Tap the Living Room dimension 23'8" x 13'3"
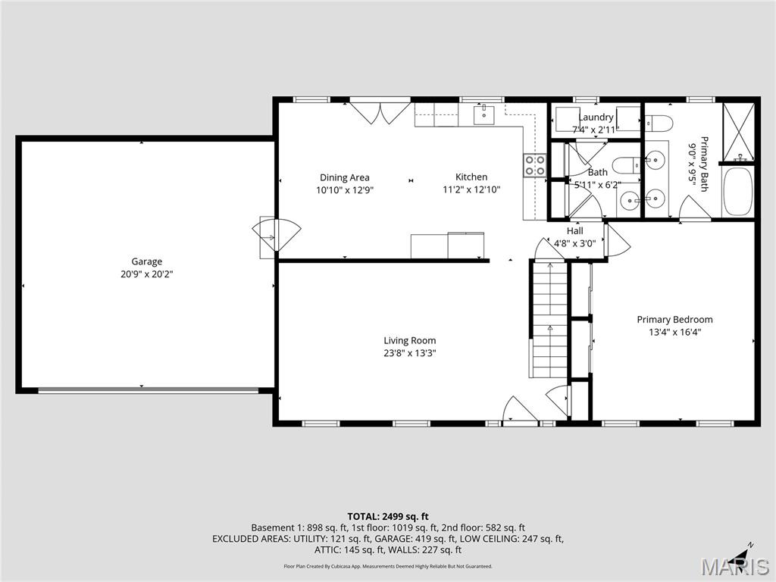[409, 353]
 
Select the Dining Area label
[344, 177]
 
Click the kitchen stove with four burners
[534, 165]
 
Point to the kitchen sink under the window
[483, 115]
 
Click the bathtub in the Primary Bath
[737, 191]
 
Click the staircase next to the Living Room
[549, 319]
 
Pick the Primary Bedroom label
[674, 319]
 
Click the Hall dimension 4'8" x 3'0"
[574, 243]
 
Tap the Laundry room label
[596, 117]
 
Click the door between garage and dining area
[276, 235]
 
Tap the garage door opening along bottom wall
[148, 390]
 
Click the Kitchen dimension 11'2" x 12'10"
[471, 190]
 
